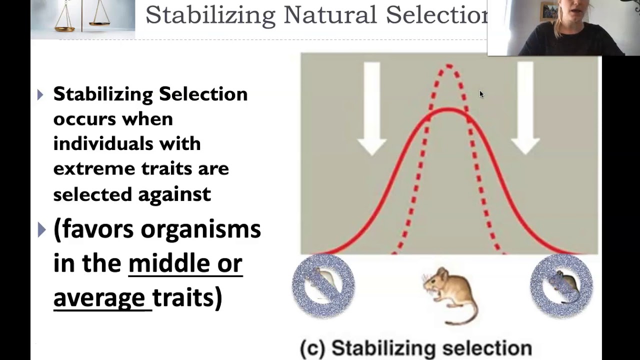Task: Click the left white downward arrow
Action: click(x=371, y=107)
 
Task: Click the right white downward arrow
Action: click(x=525, y=107)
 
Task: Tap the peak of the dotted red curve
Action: click(x=448, y=65)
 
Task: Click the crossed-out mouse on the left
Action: click(x=323, y=286)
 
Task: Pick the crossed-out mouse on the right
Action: click(x=561, y=286)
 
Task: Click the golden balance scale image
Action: click(x=83, y=18)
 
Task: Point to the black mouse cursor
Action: click(x=481, y=94)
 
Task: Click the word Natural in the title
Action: click(x=329, y=15)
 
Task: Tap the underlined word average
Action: click(x=99, y=297)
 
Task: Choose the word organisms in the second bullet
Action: click(x=200, y=229)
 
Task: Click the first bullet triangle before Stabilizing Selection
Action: click(x=40, y=94)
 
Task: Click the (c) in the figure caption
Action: click(x=312, y=348)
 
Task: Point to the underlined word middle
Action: click(x=169, y=263)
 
